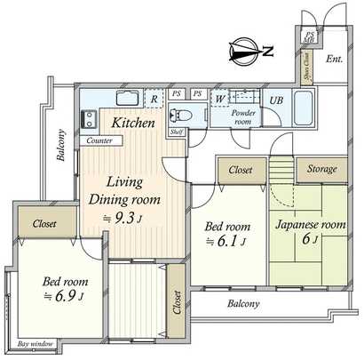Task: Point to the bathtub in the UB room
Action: coord(302,110)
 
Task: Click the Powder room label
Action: coord(243,119)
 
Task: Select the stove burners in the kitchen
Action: coord(90,119)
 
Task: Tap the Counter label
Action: coord(98,140)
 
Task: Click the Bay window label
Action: coord(35,343)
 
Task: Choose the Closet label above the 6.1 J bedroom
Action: coord(239,169)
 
